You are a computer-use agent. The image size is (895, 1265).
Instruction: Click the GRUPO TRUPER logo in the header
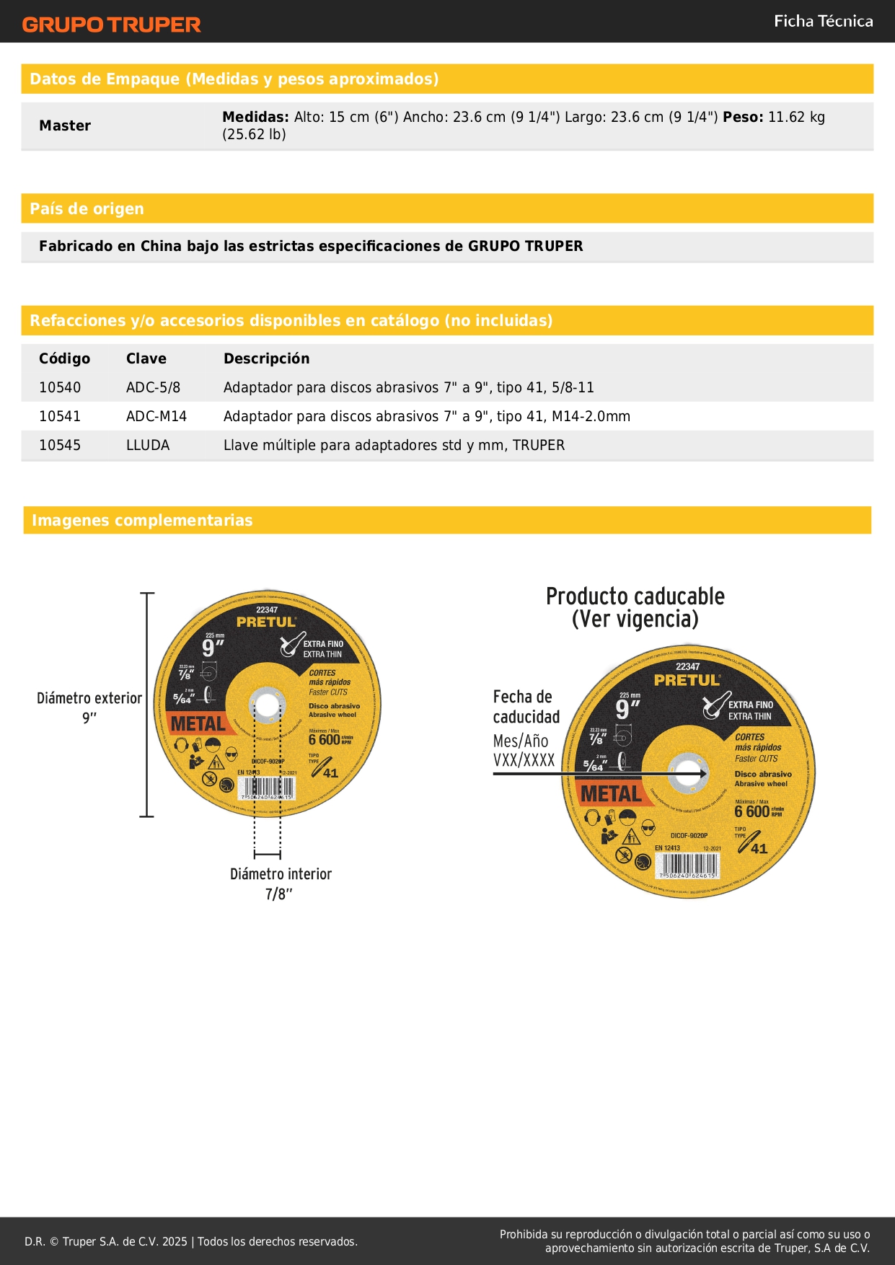[111, 25]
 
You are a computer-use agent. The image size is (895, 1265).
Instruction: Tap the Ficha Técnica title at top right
[823, 22]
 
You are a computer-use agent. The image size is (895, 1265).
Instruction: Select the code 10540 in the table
[60, 388]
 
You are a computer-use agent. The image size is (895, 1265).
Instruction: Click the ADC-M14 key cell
[156, 417]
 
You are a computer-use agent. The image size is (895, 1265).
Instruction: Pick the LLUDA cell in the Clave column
[148, 446]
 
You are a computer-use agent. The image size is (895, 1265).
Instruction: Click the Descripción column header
[266, 359]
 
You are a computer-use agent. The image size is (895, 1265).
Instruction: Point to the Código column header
[64, 359]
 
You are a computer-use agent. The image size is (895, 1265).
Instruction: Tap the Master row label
[65, 126]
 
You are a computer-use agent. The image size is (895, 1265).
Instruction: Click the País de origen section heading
[87, 209]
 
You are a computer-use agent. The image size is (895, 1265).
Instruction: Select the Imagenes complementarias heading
[142, 521]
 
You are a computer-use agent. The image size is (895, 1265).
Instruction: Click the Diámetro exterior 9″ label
[89, 708]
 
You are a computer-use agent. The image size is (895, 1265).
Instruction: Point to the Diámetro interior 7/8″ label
[281, 883]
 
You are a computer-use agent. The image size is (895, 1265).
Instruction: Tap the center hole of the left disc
[267, 706]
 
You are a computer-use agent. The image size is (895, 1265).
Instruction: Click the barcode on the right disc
[687, 865]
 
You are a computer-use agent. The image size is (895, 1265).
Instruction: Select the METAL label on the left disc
[198, 723]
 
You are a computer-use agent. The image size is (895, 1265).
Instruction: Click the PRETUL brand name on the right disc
[687, 680]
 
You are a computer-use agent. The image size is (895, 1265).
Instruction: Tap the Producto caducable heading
[635, 607]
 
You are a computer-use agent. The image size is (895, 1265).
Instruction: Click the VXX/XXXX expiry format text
[524, 760]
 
